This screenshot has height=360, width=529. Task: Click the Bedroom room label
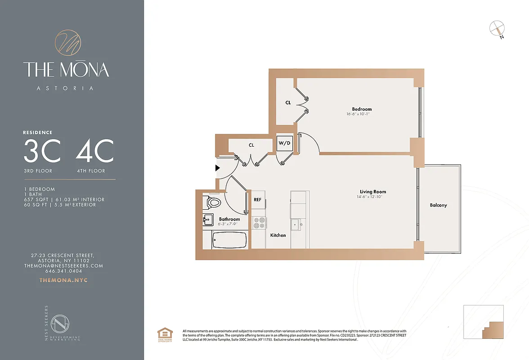(x=362, y=109)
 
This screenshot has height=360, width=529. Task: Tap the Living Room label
(x=372, y=192)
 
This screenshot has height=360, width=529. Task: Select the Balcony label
(x=438, y=205)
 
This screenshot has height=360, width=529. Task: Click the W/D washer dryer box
(x=284, y=143)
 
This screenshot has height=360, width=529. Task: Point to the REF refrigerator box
(x=258, y=199)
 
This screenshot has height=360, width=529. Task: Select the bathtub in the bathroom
(x=229, y=240)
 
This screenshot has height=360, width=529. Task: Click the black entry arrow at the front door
(x=217, y=168)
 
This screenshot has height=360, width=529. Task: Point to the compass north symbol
(x=497, y=29)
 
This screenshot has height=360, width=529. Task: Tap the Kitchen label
(x=278, y=235)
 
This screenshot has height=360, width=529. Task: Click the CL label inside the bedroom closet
(x=288, y=103)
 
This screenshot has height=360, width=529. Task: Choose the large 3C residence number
(x=42, y=152)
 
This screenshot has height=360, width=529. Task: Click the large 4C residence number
(x=94, y=152)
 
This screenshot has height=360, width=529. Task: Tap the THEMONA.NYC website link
(x=63, y=280)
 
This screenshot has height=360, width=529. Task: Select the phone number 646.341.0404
(x=63, y=271)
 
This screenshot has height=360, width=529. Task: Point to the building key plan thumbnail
(x=484, y=322)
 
